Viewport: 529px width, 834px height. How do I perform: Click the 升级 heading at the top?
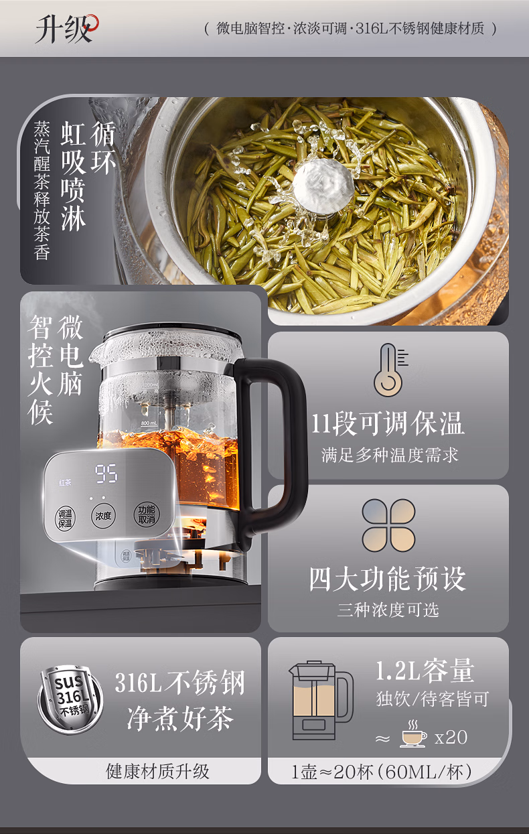(x=64, y=29)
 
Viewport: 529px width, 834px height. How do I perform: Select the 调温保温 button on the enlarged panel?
(x=65, y=518)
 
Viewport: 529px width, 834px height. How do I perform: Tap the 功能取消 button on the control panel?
(x=146, y=514)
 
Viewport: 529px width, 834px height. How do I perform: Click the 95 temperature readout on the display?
(x=106, y=474)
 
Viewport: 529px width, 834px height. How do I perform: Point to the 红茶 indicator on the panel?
(x=65, y=482)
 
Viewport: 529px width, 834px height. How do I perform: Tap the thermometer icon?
(x=390, y=370)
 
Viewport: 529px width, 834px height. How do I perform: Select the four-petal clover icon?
(x=388, y=525)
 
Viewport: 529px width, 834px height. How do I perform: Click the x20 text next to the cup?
(x=451, y=737)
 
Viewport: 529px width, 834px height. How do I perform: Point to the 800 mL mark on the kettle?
(x=149, y=423)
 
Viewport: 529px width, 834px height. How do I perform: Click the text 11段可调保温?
(x=388, y=423)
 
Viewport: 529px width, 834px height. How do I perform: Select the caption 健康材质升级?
(x=157, y=772)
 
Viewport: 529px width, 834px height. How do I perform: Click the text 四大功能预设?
(x=388, y=579)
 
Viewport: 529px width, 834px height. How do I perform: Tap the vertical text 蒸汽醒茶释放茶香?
(x=42, y=190)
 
